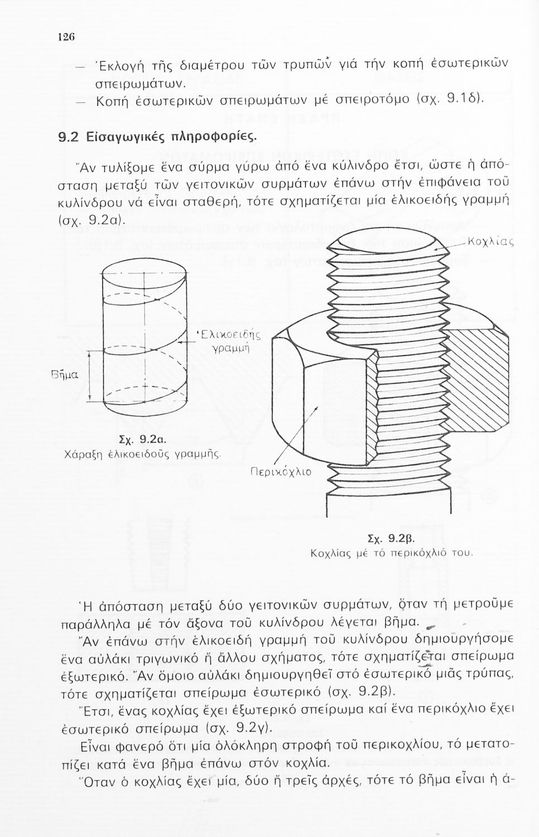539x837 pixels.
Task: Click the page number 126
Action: point(66,37)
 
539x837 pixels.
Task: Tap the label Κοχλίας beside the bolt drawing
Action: point(489,243)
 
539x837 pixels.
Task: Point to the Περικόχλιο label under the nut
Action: point(279,472)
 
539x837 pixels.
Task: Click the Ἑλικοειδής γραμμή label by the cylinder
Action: point(229,341)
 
